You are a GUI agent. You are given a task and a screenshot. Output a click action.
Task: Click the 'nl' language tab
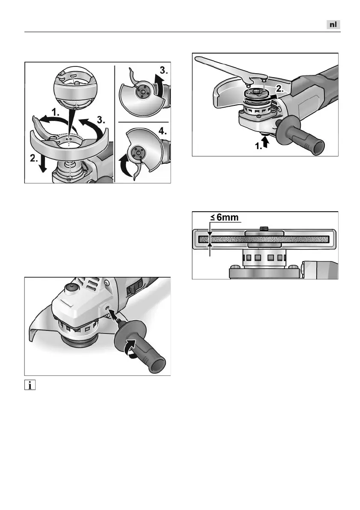333,25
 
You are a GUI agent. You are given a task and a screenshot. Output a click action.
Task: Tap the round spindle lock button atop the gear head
69,288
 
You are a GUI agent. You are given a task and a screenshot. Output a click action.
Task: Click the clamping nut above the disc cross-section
264,228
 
